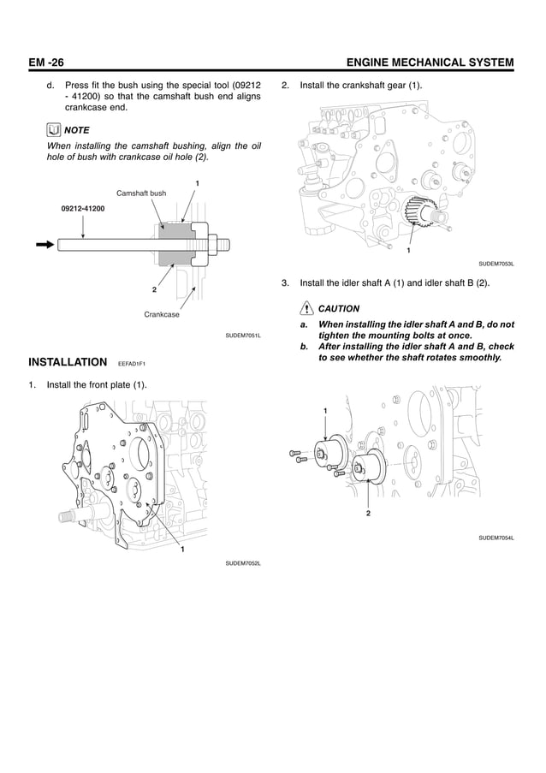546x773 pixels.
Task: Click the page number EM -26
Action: click(47, 62)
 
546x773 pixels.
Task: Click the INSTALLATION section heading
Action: click(68, 360)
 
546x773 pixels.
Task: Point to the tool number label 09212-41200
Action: click(83, 209)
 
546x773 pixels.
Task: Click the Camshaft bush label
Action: click(140, 194)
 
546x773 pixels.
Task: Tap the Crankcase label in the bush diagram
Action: click(162, 315)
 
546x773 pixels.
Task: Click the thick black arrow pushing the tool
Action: click(44, 244)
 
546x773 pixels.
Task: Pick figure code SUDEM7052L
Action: click(243, 563)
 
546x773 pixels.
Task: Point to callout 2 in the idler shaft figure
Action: click(367, 513)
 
